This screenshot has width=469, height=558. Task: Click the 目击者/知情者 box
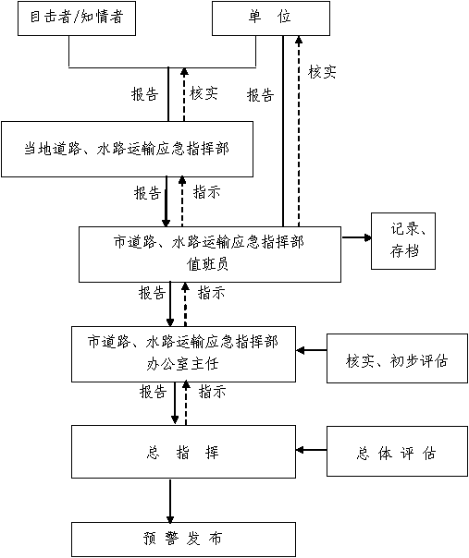tap(77, 18)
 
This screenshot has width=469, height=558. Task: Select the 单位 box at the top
tap(271, 18)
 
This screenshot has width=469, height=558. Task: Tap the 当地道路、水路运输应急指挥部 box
tap(128, 149)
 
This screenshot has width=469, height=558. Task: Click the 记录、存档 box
tap(403, 241)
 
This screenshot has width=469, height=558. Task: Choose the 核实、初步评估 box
tap(397, 358)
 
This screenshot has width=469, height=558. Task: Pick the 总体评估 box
tap(397, 451)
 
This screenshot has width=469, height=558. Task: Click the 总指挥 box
tap(183, 452)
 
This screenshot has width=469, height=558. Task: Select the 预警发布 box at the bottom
tap(183, 540)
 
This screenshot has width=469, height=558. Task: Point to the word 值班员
tap(207, 264)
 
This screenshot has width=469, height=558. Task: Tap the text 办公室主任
tap(182, 364)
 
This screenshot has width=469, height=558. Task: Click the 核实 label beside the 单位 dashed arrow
tap(322, 72)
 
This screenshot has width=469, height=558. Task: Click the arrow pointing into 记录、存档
tap(356, 237)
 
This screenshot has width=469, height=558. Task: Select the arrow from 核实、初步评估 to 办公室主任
tap(312, 350)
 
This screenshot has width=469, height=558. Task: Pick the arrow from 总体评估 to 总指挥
tap(312, 450)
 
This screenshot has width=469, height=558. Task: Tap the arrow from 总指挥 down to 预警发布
tap(170, 501)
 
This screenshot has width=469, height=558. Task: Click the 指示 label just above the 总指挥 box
tap(213, 392)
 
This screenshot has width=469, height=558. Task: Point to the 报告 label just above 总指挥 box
tap(153, 392)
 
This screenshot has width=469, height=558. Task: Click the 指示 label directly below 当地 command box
tap(206, 192)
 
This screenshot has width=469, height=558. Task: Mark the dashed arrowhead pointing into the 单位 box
tap(299, 40)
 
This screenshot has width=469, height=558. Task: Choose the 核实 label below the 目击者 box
tap(204, 93)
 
